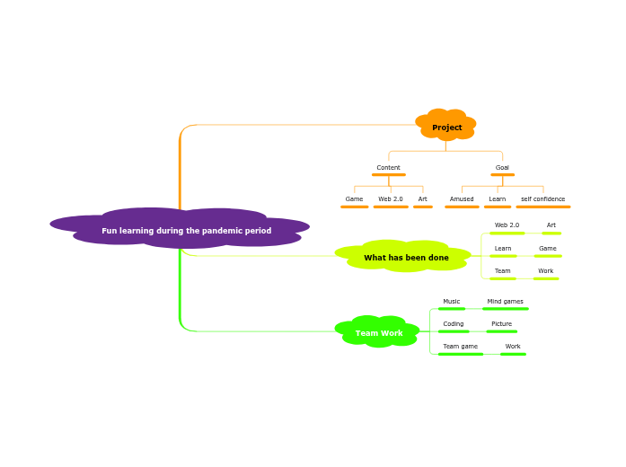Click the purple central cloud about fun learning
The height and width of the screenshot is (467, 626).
coord(186,231)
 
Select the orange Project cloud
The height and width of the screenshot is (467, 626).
coord(446,128)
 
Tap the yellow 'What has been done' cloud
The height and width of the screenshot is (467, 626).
coord(406,258)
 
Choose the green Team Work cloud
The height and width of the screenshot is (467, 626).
coord(379,333)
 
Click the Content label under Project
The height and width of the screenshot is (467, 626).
coord(389,168)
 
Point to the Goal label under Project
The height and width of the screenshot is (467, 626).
coord(502,168)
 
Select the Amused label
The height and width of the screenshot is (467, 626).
coord(462,199)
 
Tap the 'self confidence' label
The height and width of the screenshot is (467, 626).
coord(543,199)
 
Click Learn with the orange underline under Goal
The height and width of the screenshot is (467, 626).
coord(498,199)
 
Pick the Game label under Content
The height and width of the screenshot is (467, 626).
coord(355,199)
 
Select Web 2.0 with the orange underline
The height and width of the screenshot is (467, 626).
coord(391,199)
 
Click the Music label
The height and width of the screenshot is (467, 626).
coord(452,302)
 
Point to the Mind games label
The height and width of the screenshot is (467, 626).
coord(506,302)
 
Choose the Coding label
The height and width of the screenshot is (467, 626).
coord(454,324)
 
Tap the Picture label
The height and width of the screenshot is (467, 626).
coord(502,324)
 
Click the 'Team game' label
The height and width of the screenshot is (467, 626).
coord(461,347)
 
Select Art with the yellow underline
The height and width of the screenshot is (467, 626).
coord(551,225)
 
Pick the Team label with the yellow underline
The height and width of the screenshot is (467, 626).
coord(503,271)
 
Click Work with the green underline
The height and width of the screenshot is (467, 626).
coord(513,347)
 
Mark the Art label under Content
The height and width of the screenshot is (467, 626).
coord(423,199)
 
